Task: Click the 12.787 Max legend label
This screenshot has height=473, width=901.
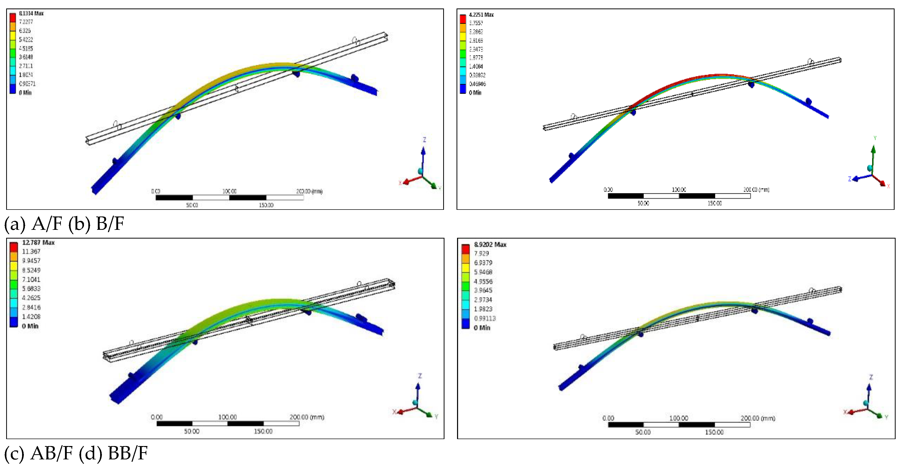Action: [38, 242]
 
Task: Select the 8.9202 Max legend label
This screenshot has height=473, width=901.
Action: [490, 244]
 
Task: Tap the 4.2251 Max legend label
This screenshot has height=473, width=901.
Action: [481, 15]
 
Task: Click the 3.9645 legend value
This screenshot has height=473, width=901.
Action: [483, 290]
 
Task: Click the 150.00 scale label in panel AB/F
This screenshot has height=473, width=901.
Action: [263, 431]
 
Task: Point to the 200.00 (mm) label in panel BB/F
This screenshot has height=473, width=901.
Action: [758, 418]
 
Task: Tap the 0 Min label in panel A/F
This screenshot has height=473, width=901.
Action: [25, 93]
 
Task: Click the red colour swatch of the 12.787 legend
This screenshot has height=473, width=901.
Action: [13, 247]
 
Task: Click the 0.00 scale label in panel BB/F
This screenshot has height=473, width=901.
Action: [608, 418]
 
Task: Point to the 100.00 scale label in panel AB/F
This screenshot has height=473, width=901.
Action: [227, 417]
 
